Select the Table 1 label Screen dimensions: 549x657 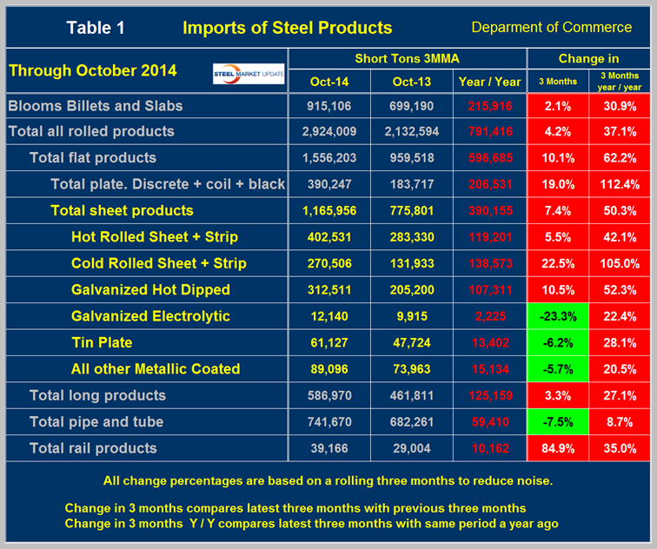pyautogui.click(x=96, y=28)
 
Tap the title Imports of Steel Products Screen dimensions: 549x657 pyautogui.click(x=287, y=28)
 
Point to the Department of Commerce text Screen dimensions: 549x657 pyautogui.click(x=551, y=28)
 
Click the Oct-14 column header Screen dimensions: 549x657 pyautogui.click(x=329, y=82)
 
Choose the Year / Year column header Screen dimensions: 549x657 pyautogui.click(x=489, y=82)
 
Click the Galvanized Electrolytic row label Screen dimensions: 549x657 pyautogui.click(x=150, y=316)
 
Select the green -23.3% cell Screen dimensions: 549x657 pyautogui.click(x=558, y=316)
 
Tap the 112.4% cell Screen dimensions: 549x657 pyautogui.click(x=620, y=184)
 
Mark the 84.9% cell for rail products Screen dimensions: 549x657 pyautogui.click(x=558, y=448)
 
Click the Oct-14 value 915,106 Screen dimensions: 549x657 pyautogui.click(x=329, y=105)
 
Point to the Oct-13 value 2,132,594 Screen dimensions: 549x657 pyautogui.click(x=411, y=132)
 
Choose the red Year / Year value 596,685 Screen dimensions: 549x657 pyautogui.click(x=489, y=158)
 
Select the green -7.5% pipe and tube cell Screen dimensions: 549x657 pyautogui.click(x=558, y=422)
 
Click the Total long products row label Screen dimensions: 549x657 pyautogui.click(x=97, y=395)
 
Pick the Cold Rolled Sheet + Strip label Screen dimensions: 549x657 pyautogui.click(x=159, y=263)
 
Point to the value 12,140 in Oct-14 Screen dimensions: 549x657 pyautogui.click(x=329, y=316)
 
